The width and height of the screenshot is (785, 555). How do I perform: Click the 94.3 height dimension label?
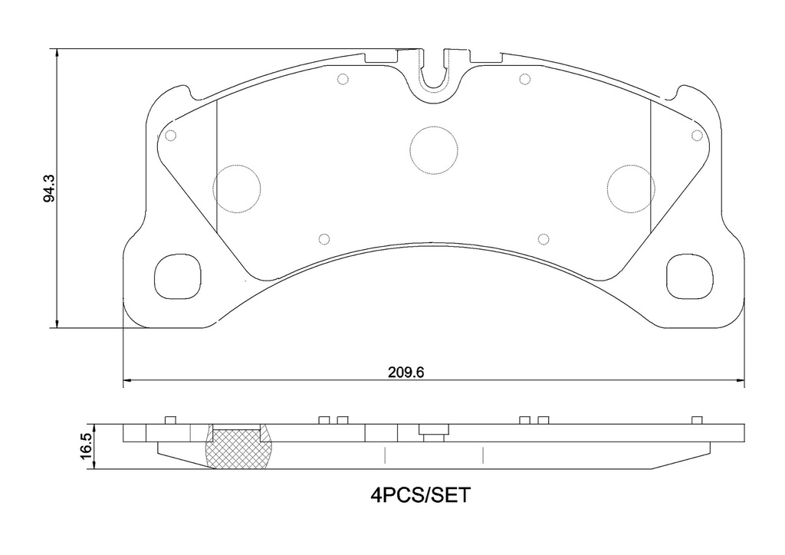(x=49, y=188)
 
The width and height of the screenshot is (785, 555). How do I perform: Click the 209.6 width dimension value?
(x=406, y=373)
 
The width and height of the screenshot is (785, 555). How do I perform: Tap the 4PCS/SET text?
(x=421, y=495)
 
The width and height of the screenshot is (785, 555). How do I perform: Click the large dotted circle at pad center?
(x=434, y=126)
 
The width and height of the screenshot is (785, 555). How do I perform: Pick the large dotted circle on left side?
(x=237, y=164)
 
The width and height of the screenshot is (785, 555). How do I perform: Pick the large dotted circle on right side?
(x=631, y=164)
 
